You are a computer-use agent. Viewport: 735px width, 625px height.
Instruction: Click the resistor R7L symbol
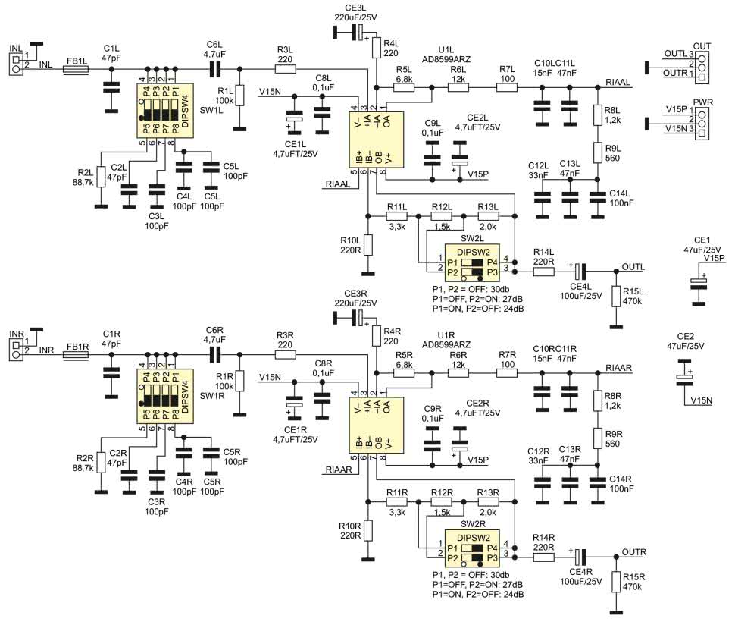click(x=506, y=88)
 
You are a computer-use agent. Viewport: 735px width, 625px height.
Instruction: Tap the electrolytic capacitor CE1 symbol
click(x=698, y=282)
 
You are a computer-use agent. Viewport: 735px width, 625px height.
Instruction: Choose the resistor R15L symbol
click(x=618, y=297)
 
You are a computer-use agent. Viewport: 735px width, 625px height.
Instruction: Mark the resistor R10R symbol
click(x=367, y=532)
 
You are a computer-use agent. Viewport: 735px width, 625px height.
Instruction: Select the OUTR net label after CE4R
click(x=633, y=551)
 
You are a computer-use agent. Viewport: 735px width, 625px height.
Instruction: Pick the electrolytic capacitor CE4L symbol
click(x=578, y=270)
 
